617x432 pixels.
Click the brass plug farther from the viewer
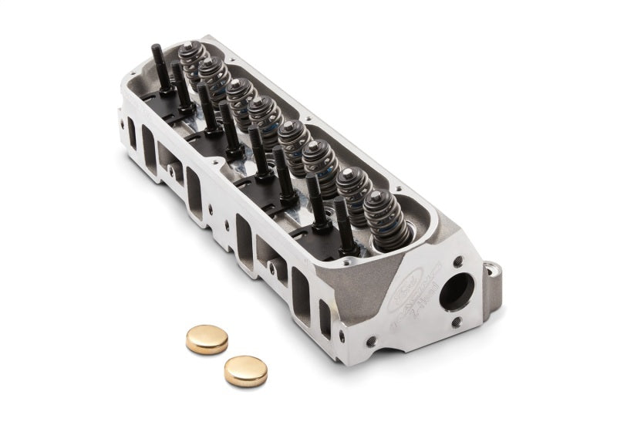[207, 339]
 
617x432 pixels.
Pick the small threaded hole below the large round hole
[457, 322]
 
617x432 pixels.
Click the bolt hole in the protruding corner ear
[491, 270]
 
